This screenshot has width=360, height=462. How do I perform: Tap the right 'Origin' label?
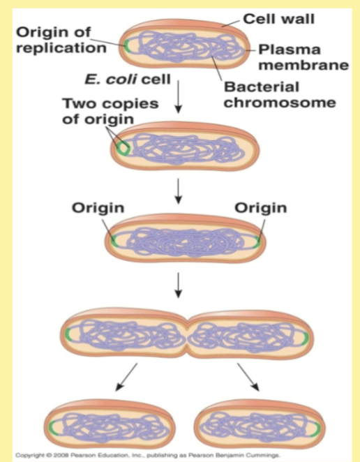click(260, 207)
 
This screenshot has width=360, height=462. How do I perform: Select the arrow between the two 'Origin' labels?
click(179, 191)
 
